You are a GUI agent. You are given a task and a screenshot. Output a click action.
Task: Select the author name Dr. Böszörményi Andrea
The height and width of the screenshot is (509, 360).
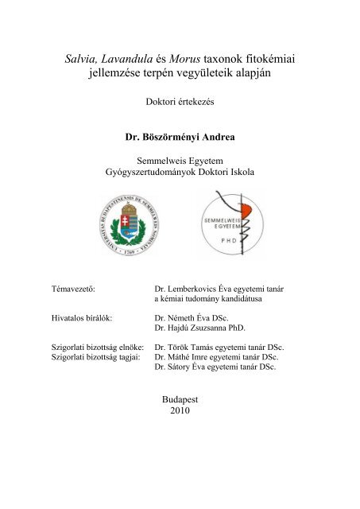point(180,137)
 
